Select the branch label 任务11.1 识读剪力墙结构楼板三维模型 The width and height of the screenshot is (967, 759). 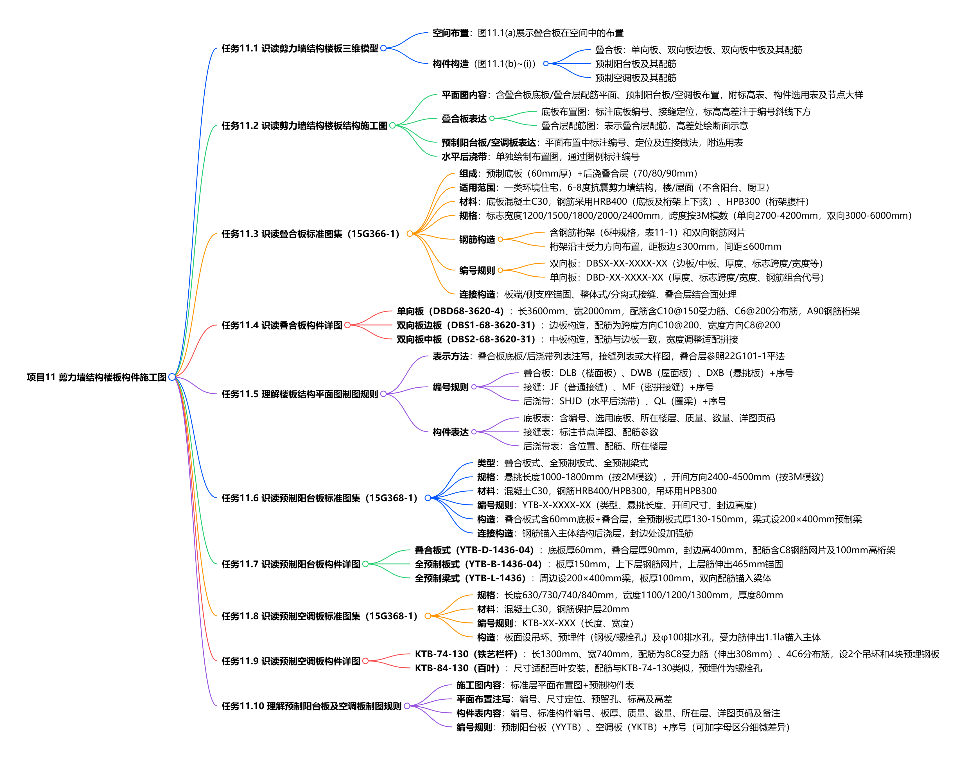point(300,48)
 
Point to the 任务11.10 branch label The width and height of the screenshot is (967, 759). point(311,706)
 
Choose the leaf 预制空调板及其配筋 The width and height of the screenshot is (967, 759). point(636,78)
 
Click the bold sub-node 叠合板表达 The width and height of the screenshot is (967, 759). point(464,119)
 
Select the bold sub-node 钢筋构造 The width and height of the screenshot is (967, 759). point(477,240)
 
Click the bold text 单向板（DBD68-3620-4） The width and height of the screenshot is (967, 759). point(450,311)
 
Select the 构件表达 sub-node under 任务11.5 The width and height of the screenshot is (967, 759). point(451,432)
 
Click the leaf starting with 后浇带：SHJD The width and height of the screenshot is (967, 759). point(624,401)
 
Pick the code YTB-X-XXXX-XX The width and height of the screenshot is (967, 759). point(556,505)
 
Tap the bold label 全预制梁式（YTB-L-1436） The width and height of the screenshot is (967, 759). point(470,578)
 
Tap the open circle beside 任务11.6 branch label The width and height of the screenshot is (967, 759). point(428,498)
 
